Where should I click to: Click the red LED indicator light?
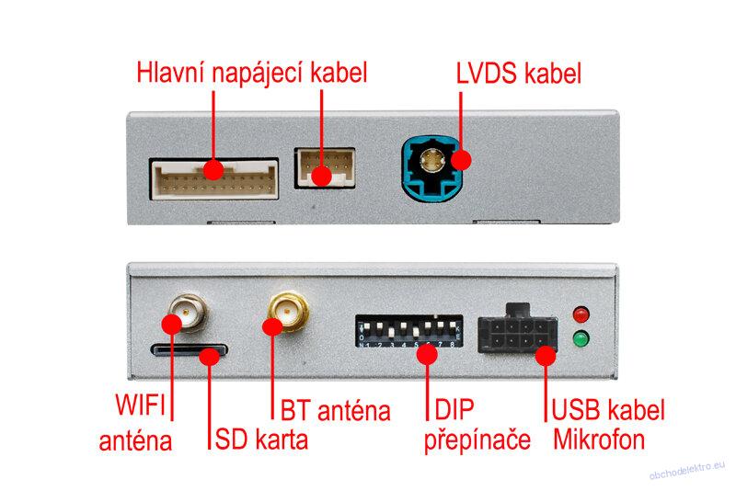(x=581, y=314)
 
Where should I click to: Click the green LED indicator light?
(x=581, y=338)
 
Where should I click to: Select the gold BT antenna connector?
(x=288, y=312)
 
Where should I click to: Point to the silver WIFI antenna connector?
(x=189, y=313)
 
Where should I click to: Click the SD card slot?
(x=189, y=349)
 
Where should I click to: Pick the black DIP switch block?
(x=408, y=331)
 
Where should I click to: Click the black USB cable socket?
(x=518, y=330)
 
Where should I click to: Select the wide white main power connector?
(x=214, y=179)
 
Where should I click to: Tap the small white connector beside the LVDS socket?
(x=325, y=168)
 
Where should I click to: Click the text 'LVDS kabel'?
(x=519, y=74)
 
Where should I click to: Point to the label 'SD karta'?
(x=261, y=440)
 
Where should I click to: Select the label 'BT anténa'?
(x=335, y=411)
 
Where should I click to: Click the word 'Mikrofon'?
(x=600, y=440)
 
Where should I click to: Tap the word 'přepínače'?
(x=477, y=440)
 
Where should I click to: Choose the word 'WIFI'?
(x=141, y=405)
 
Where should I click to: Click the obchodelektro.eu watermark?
(x=687, y=471)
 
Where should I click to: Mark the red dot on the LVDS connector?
(x=462, y=160)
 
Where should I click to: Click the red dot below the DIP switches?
(x=427, y=354)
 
